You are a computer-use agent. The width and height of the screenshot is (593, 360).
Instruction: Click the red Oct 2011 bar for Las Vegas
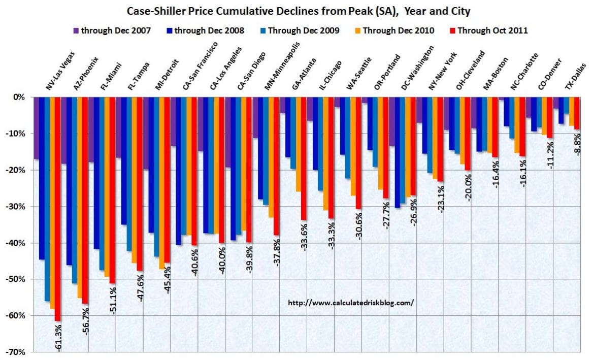(x=57, y=208)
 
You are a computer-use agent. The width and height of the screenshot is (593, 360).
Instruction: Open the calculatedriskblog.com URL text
(x=351, y=302)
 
